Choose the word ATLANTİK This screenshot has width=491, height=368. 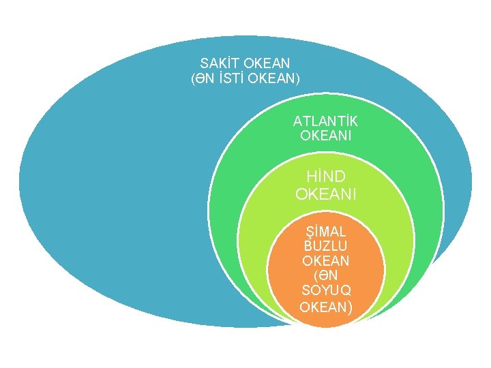pos(325,121)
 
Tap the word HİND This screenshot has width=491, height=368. pos(325,178)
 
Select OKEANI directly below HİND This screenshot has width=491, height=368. pos(325,194)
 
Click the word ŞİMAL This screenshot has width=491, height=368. pos(325,231)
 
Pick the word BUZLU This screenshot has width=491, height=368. pos(325,246)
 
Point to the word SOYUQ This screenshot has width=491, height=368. pos(325,291)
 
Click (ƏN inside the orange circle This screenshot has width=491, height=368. pos(325,276)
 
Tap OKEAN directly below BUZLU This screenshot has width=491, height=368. pos(325,261)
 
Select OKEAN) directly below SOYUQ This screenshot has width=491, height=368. pos(327,307)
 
